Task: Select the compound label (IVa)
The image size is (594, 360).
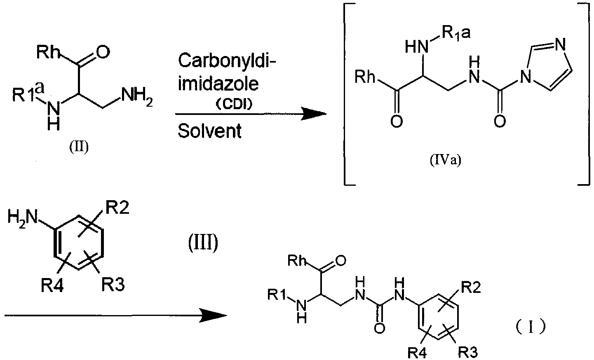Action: pos(446,160)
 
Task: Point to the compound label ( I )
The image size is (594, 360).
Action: pos(531,326)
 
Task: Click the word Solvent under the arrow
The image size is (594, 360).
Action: pos(209,131)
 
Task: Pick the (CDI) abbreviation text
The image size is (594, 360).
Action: pos(234,105)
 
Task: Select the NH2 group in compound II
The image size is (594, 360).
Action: pos(136,97)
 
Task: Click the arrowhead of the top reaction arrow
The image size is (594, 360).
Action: pos(314,114)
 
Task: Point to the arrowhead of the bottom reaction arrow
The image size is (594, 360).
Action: pos(214,315)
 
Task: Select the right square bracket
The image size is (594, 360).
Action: pos(584,94)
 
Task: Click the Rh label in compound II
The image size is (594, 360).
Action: pos(47,51)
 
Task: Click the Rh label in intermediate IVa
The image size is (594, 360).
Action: pos(365,77)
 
